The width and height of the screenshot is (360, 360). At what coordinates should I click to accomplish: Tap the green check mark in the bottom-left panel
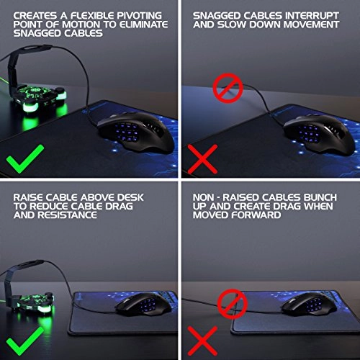[27, 335]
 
